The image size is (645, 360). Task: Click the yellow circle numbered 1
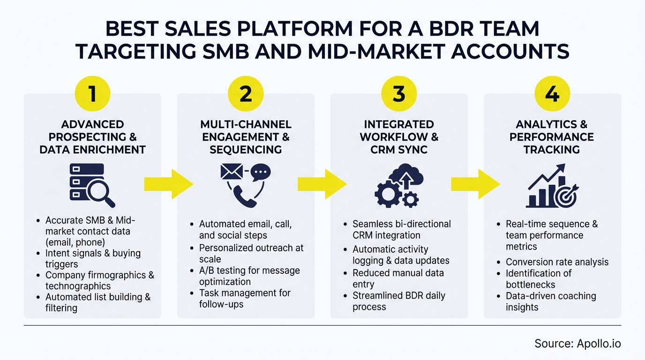coord(92,94)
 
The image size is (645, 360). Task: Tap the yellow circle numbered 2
coord(246,94)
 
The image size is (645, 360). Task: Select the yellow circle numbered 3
coord(399,94)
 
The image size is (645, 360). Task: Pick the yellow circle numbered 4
coord(552,94)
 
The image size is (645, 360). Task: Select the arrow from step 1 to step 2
coord(168,184)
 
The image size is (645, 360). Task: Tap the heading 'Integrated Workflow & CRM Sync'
coord(399,137)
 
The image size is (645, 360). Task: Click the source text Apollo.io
coord(577,344)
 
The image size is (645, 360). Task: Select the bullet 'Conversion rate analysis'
coord(557,262)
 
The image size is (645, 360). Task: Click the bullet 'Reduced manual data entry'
coord(398,278)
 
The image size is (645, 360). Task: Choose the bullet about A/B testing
coord(249,276)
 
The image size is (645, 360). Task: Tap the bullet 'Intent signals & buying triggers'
coord(93,259)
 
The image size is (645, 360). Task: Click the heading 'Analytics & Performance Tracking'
coord(552,137)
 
